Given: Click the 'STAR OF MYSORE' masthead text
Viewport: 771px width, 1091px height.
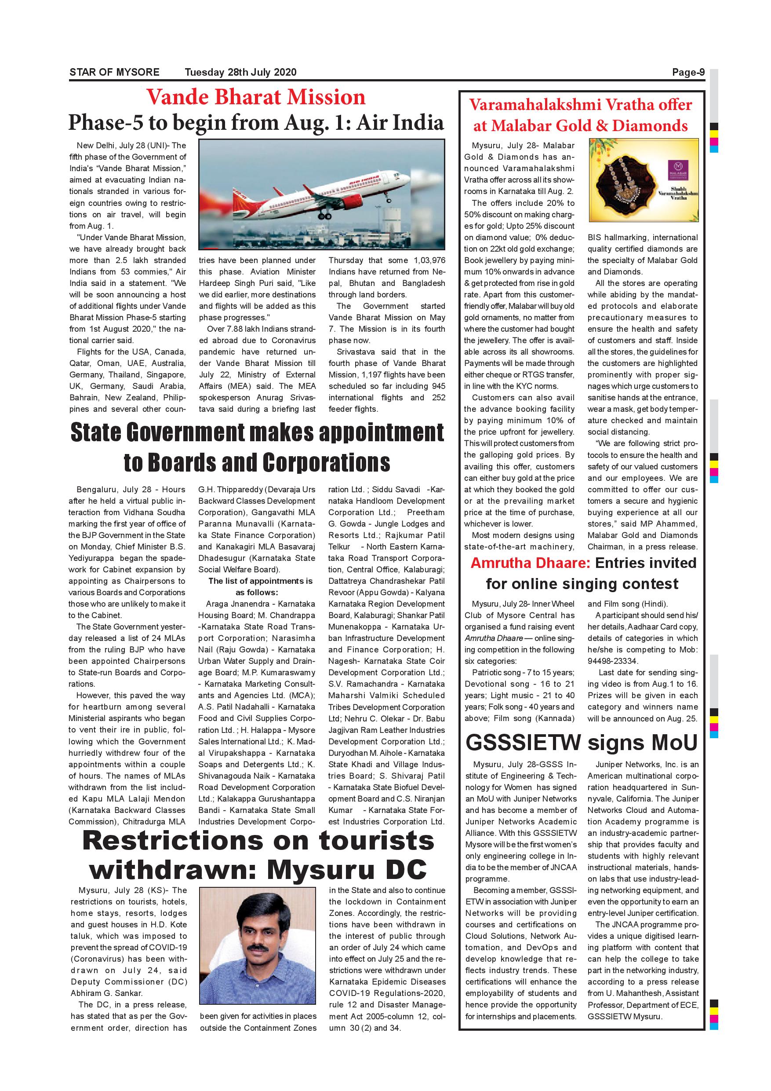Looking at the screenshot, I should pos(114,72).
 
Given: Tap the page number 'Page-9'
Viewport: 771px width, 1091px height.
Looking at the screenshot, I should pos(688,72).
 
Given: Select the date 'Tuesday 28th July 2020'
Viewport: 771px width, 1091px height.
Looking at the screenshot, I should pos(240,72).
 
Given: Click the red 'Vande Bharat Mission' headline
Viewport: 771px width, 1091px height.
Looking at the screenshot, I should pos(256,97).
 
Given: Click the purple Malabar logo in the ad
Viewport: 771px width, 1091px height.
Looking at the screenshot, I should pos(677,167).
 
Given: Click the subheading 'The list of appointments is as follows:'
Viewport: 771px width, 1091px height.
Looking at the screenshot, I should pos(257,586).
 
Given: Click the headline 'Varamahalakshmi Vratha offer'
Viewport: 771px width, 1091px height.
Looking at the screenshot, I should pos(581,105).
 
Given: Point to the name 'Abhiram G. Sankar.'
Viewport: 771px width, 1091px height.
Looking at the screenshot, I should pos(106,993).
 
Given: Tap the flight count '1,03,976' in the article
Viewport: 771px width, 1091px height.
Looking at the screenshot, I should pos(429,260).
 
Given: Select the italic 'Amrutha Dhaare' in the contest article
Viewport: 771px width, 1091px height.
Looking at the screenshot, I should pos(494,638).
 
